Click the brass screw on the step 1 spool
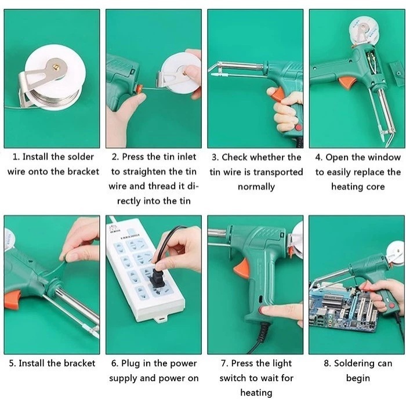tap(56, 67)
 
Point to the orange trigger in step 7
tap(242, 269)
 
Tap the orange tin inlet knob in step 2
tap(140, 89)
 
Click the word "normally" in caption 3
tap(256, 187)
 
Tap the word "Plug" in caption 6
tap(130, 364)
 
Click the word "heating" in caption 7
tap(256, 393)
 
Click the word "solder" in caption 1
tap(81, 157)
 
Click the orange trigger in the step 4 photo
tap(347, 82)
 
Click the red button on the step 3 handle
tap(298, 128)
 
